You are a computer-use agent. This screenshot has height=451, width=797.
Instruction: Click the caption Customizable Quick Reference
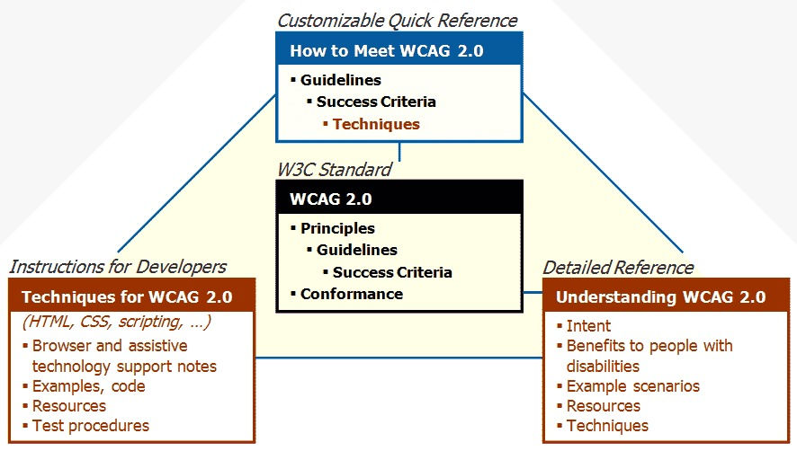(x=398, y=21)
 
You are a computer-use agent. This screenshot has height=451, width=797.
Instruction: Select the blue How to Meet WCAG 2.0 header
(x=386, y=51)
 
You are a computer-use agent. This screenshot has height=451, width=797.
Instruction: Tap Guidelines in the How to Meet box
(x=341, y=80)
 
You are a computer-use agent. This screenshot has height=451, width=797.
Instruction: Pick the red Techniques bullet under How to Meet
(x=376, y=124)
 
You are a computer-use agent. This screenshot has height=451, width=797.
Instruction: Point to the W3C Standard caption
(x=334, y=169)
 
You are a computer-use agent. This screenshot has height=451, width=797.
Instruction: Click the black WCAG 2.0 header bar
(x=399, y=199)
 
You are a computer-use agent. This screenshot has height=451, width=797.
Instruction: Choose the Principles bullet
(x=337, y=228)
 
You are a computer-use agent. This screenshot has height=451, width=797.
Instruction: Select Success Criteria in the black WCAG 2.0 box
(x=392, y=272)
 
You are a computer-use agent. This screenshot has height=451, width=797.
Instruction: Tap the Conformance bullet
(x=352, y=294)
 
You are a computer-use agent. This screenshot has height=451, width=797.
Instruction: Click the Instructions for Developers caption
(x=118, y=267)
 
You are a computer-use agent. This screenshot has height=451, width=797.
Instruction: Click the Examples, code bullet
(x=88, y=386)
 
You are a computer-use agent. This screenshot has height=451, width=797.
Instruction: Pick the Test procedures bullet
(x=90, y=426)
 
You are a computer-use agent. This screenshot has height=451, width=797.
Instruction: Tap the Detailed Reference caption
(x=618, y=268)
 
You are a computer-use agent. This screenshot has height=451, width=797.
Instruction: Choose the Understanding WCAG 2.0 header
(x=660, y=296)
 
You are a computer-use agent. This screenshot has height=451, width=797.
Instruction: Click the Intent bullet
(x=588, y=326)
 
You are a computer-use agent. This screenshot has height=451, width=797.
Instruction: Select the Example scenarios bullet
(x=632, y=386)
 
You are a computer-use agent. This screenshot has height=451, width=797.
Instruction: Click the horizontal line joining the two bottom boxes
(x=398, y=358)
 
